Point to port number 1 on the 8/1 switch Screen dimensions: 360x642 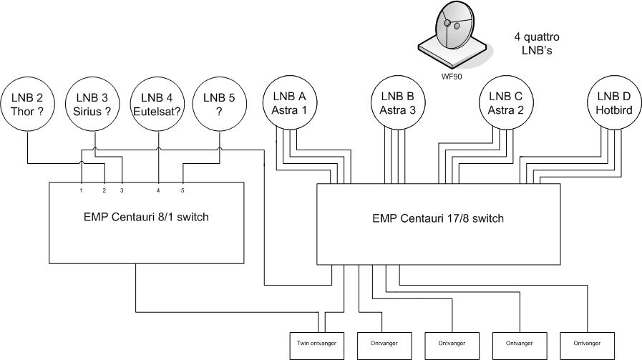[x=82, y=190]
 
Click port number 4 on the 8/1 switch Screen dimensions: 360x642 [x=158, y=190]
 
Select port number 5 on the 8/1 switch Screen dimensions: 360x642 [x=183, y=190]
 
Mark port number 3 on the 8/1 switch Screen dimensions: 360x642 [x=122, y=190]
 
